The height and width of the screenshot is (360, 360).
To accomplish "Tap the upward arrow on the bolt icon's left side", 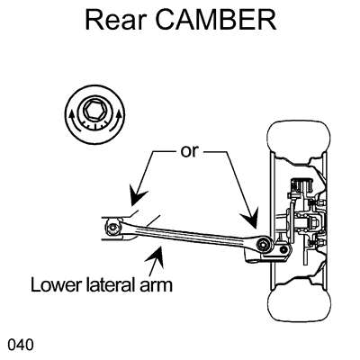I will pos(70,113).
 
